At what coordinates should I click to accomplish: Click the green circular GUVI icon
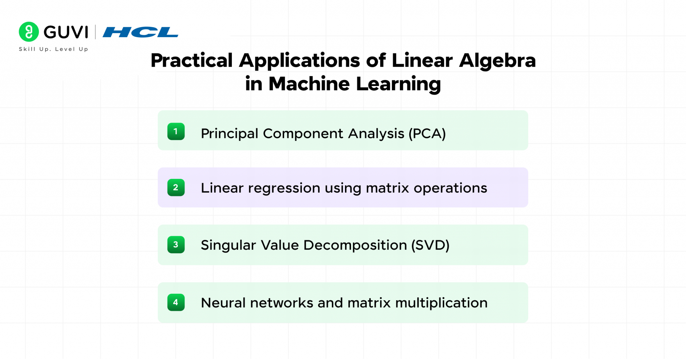tap(29, 32)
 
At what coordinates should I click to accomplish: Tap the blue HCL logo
tap(140, 32)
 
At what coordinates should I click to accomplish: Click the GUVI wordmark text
tap(66, 32)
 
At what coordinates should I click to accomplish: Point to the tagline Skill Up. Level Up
tap(54, 49)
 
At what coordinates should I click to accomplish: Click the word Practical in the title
tap(192, 61)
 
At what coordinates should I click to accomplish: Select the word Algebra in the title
tap(497, 61)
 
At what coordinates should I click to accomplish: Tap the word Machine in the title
tap(309, 84)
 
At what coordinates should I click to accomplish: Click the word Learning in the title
tap(398, 84)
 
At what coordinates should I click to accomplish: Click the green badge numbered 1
tap(176, 131)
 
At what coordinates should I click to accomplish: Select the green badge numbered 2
tap(176, 188)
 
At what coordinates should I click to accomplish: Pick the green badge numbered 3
tap(176, 244)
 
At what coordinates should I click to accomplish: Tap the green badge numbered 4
tap(176, 302)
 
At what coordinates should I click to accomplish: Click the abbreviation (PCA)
tap(427, 134)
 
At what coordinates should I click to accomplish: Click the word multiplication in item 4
tap(441, 303)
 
